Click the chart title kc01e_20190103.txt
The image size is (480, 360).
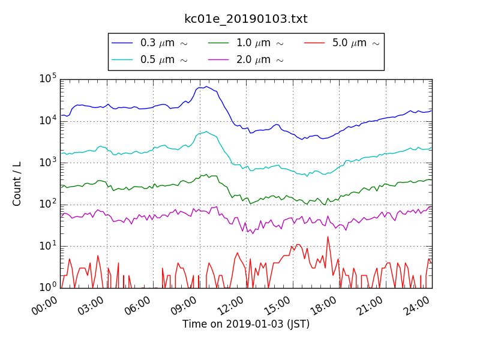246,19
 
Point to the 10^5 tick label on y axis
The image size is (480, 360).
48,79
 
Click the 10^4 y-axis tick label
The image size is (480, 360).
48,121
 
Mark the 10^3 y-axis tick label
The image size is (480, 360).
48,163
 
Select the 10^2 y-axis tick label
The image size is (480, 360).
48,204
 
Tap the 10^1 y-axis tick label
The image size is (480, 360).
48,246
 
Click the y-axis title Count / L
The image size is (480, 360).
17,184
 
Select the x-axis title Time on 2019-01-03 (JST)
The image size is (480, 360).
246,325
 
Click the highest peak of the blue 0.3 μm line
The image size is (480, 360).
206,86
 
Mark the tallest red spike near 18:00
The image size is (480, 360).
328,236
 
